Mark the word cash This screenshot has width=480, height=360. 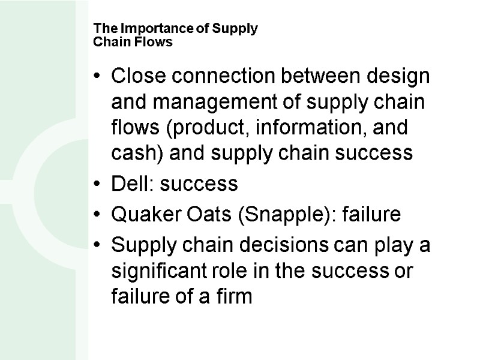point(130,154)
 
